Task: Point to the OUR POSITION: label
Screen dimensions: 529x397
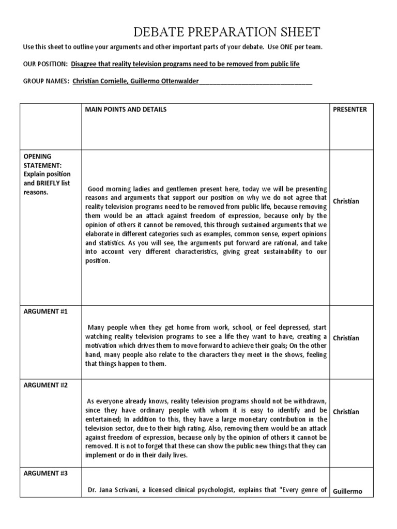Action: point(44,64)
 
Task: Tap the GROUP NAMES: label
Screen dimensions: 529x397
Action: point(45,81)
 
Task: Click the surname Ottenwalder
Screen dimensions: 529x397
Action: point(176,81)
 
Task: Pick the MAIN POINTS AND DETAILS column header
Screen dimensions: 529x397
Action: point(126,110)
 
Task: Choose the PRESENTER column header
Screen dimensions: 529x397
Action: point(350,110)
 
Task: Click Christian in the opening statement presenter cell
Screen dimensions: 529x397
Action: point(346,201)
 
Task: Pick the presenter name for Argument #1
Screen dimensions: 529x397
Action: point(346,338)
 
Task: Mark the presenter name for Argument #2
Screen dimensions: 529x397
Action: point(346,412)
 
